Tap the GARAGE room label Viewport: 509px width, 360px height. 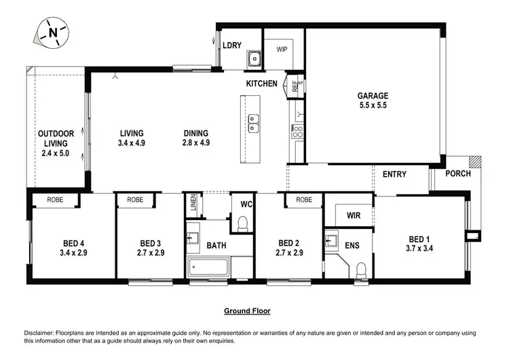[373, 96]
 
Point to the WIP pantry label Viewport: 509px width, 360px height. [282, 49]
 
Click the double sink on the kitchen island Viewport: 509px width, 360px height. [253, 124]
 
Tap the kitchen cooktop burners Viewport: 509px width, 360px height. [297, 131]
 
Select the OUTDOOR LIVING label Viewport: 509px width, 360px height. [56, 139]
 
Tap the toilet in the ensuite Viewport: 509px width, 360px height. [361, 270]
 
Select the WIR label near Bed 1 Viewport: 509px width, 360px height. [353, 215]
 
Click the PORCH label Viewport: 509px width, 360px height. [457, 174]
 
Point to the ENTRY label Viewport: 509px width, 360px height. [394, 175]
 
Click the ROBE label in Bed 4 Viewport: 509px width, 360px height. [56, 200]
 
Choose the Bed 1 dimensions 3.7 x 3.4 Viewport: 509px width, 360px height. [419, 249]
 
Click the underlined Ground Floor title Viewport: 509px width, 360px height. [247, 311]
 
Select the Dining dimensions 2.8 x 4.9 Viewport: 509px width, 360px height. [195, 143]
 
